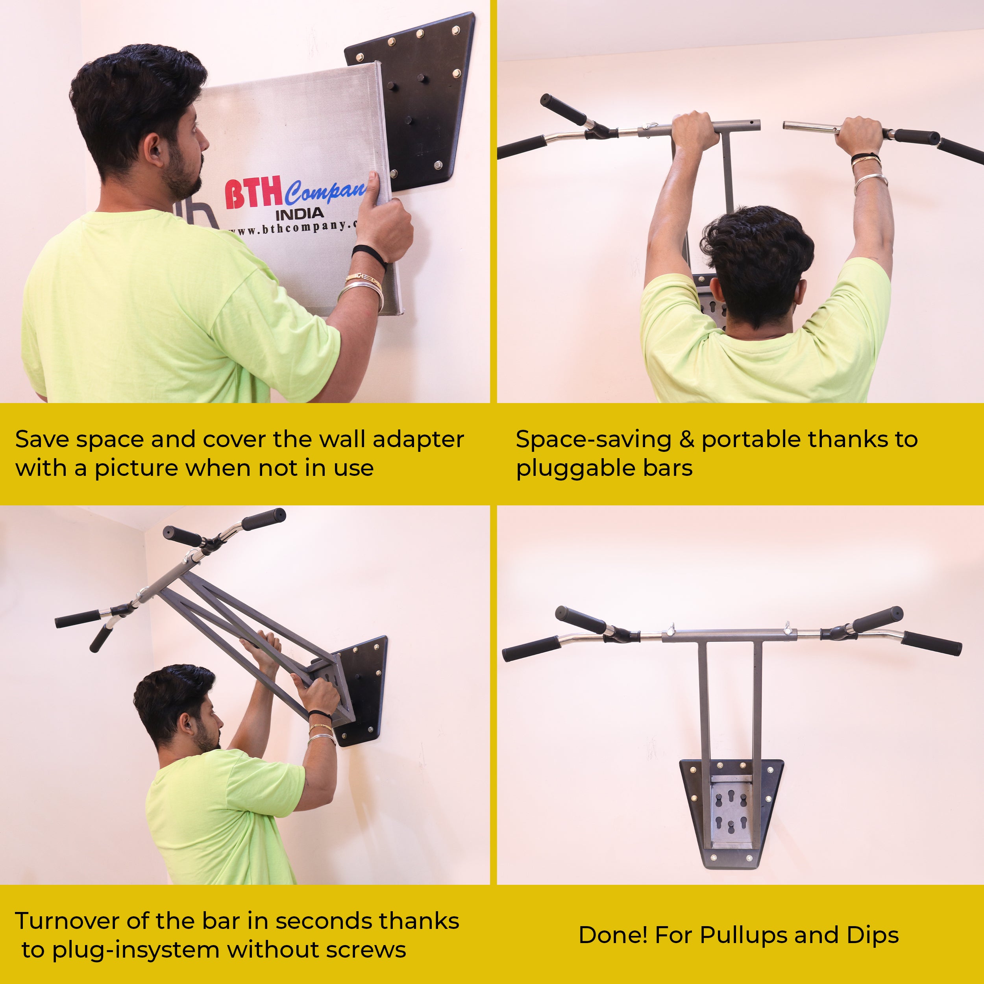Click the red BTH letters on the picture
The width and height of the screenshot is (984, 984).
pyautogui.click(x=253, y=194)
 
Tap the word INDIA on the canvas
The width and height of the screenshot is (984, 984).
pyautogui.click(x=300, y=214)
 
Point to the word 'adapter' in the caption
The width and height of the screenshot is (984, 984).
pyautogui.click(x=418, y=440)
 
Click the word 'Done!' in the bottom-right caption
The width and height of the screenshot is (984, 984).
pyautogui.click(x=613, y=935)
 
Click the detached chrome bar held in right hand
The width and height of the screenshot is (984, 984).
pyautogui.click(x=810, y=127)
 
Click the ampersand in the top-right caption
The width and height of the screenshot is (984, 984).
pyautogui.click(x=686, y=440)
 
